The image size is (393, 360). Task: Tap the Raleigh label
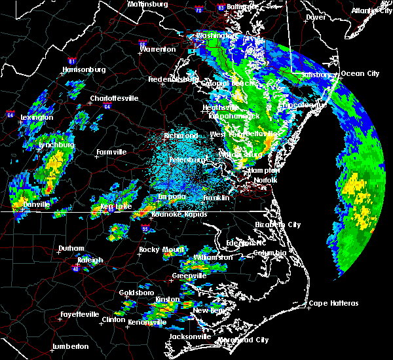coord(90,261)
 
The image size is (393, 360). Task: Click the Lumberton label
coord(70,346)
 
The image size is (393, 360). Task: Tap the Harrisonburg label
coord(83,69)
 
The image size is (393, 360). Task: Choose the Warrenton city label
coord(158,49)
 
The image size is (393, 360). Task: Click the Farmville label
coord(111,152)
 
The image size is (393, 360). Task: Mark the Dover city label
coord(316,18)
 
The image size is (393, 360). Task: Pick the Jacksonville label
coord(190,336)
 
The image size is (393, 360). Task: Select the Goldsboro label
coord(137,293)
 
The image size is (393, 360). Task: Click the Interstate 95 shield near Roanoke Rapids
coord(144,228)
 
